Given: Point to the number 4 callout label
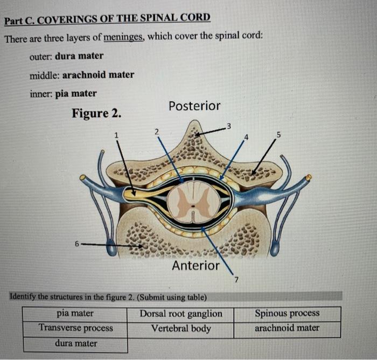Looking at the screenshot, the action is coord(247,137).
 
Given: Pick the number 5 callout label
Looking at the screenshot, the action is coord(278,134).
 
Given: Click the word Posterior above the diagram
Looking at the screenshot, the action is coord(194,106).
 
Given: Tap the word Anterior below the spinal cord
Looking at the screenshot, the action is coord(196,265).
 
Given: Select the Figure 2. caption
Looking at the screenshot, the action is coord(96,114).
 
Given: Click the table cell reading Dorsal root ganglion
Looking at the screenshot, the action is coord(181,314).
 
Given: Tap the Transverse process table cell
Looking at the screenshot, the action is coord(75,328).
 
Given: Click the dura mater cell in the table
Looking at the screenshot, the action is coord(75,343).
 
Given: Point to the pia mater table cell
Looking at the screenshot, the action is coord(75,313).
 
